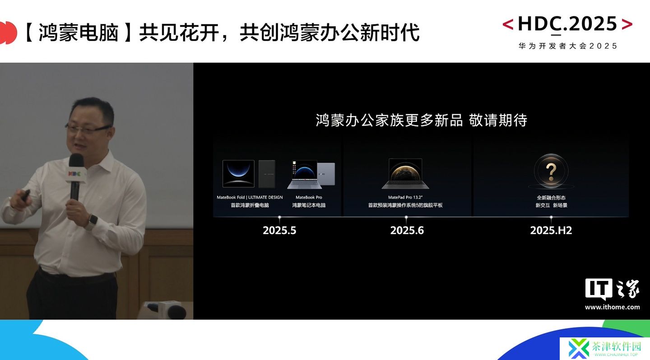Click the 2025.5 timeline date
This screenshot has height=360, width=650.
click(x=279, y=230)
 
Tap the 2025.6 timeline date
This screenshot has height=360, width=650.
click(x=407, y=230)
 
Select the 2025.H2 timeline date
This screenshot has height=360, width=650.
click(x=551, y=230)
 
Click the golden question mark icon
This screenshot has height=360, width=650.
click(x=551, y=172)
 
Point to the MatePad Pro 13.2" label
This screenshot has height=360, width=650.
click(x=405, y=197)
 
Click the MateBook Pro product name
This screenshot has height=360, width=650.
click(x=309, y=197)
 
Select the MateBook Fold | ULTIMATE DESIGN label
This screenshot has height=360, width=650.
click(x=250, y=197)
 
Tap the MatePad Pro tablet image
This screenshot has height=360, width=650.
click(x=405, y=173)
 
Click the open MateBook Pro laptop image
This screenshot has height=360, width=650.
click(x=304, y=174)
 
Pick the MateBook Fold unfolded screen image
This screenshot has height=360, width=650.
click(x=238, y=173)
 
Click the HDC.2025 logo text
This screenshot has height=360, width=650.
click(x=567, y=24)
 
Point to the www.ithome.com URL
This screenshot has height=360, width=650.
click(x=612, y=307)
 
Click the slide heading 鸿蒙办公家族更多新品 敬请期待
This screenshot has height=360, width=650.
click(x=421, y=120)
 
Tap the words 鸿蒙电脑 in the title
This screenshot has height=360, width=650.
click(x=79, y=32)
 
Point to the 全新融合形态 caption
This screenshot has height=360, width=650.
click(x=551, y=197)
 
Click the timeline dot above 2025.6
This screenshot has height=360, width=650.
click(x=406, y=217)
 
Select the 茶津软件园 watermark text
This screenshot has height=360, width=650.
click(x=616, y=346)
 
